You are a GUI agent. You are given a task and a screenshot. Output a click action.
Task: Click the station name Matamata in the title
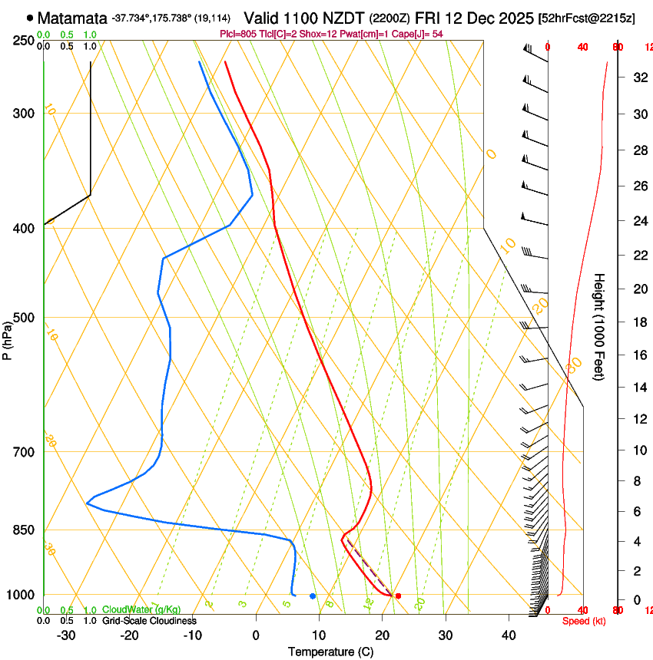pos(71,17)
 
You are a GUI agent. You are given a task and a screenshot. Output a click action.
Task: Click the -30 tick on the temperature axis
pos(66,635)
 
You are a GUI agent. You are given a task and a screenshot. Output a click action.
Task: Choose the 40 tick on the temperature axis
pos(509,635)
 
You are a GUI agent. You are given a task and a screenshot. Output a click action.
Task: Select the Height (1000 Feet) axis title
pos(600,326)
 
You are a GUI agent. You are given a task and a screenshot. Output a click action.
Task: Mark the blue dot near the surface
pos(313,596)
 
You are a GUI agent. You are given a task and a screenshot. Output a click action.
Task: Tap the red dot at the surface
pos(398,596)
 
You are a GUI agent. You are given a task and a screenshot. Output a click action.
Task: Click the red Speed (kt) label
pos(584,621)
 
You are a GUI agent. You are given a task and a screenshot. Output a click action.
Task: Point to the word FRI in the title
pos(429,17)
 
